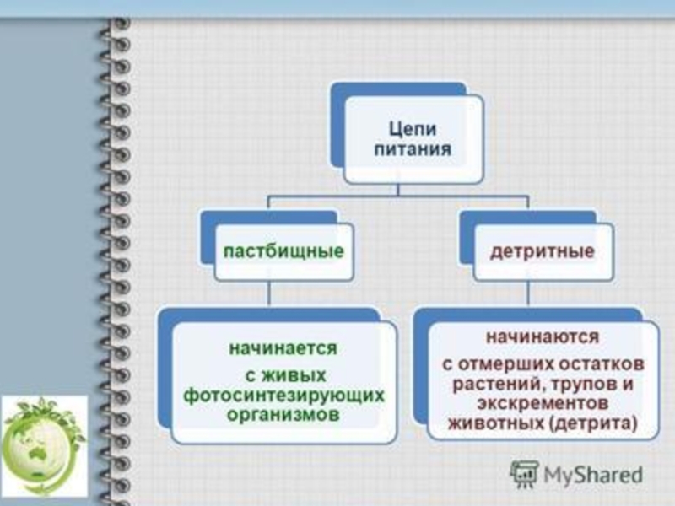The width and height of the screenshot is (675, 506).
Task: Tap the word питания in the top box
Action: pyautogui.click(x=413, y=149)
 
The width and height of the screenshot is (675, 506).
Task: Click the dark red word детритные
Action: pyautogui.click(x=543, y=251)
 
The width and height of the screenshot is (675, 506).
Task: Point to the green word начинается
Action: pyautogui.click(x=284, y=347)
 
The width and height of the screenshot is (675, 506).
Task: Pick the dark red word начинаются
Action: pyautogui.click(x=542, y=336)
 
